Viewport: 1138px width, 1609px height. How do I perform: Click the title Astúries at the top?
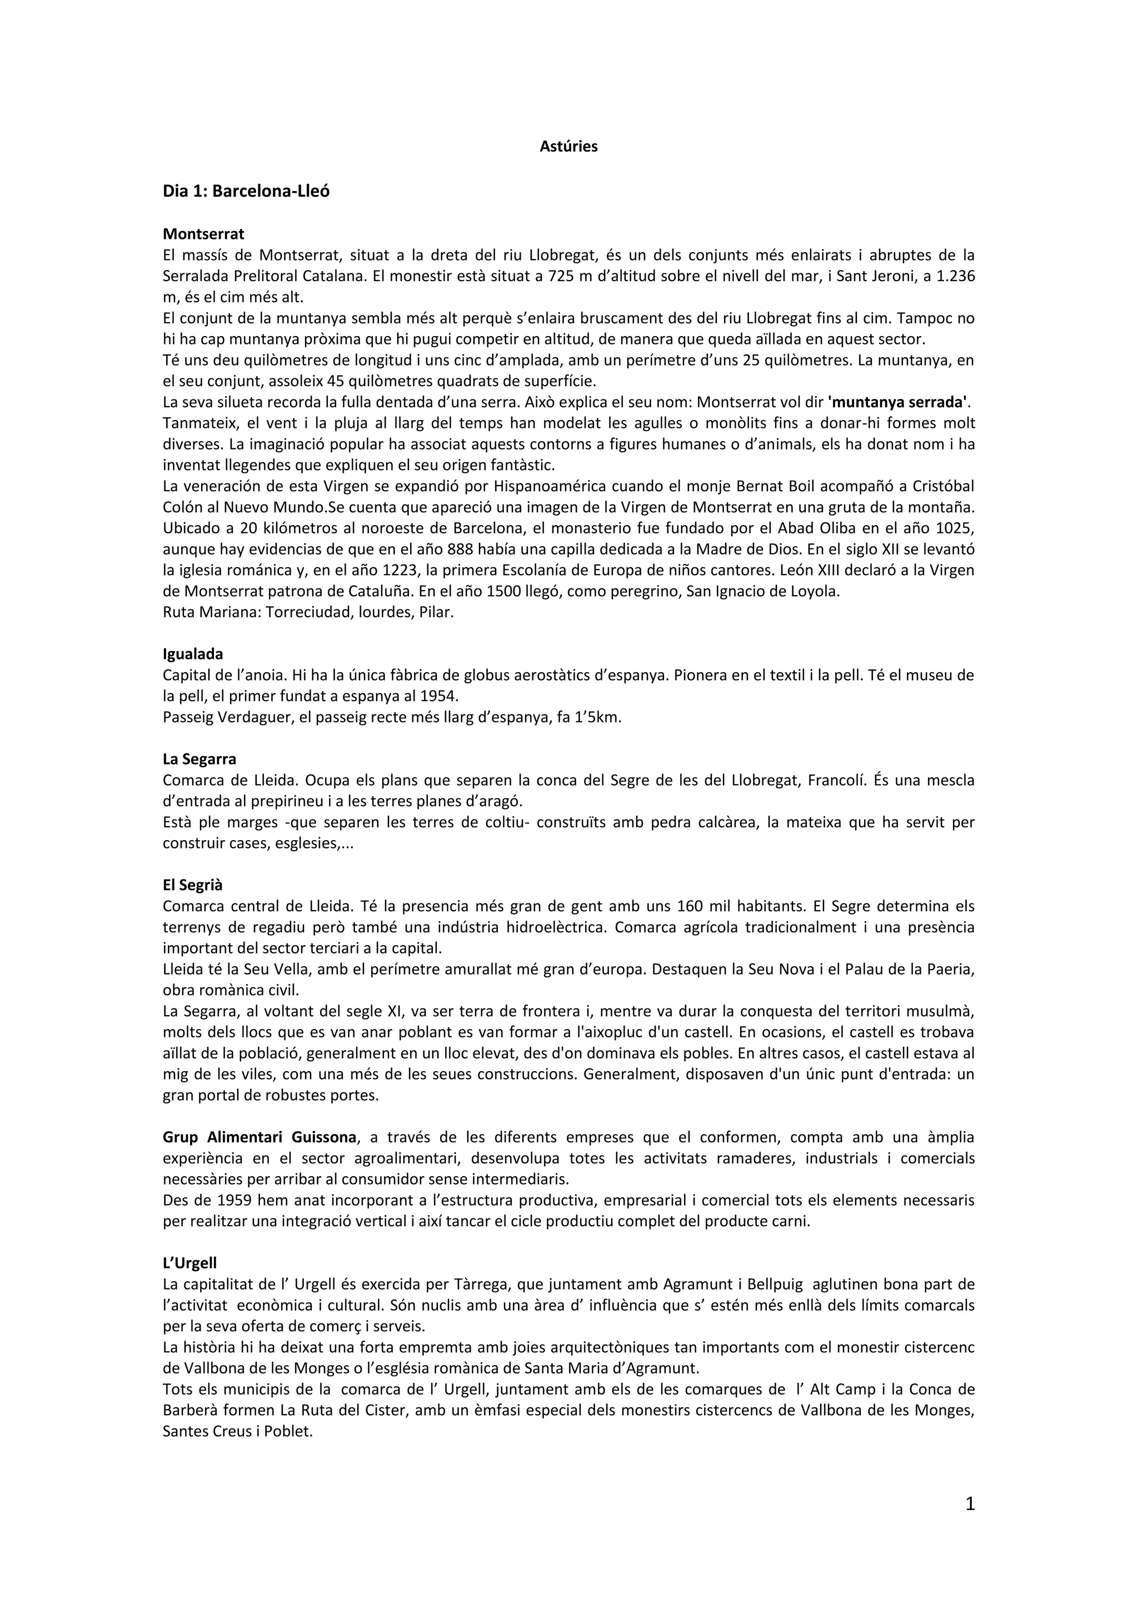pyautogui.click(x=568, y=147)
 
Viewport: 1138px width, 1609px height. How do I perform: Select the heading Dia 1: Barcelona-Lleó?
pyautogui.click(x=246, y=191)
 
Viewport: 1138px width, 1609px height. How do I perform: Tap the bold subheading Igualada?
pyautogui.click(x=193, y=654)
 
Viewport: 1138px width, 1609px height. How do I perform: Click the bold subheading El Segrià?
pyautogui.click(x=192, y=885)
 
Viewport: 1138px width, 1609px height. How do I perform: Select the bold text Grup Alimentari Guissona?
pyautogui.click(x=259, y=1137)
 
